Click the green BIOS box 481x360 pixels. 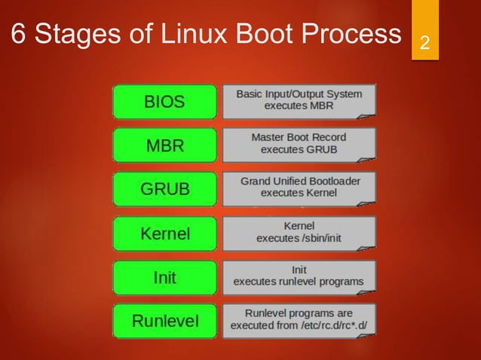pos(164,102)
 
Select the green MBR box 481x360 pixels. pos(164,145)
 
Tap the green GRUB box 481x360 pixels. pos(164,189)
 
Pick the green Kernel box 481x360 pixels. pos(164,233)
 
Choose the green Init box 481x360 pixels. pos(164,278)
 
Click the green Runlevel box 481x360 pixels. pos(164,322)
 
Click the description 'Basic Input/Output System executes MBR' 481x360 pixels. pos(299,100)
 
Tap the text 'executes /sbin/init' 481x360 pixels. pos(299,239)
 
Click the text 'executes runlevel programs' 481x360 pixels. pos(299,282)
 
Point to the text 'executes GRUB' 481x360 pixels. pos(299,150)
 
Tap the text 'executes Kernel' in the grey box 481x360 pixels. pos(299,194)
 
